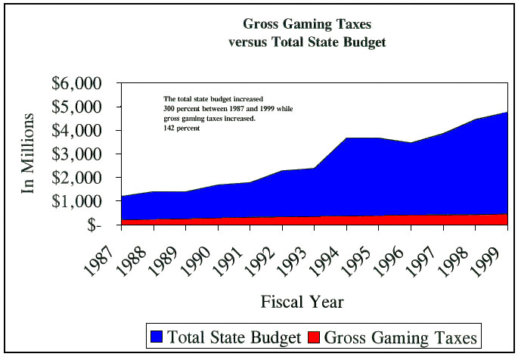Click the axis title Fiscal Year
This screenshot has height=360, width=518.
point(302,303)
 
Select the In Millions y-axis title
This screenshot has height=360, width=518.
point(28,154)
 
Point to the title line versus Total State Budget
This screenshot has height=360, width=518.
point(307,42)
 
